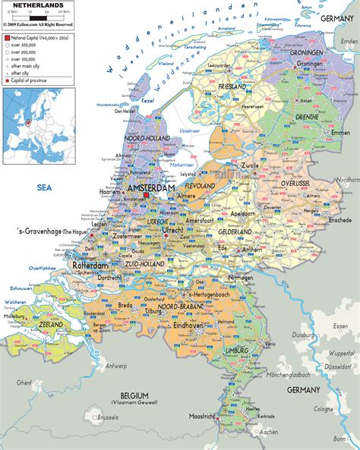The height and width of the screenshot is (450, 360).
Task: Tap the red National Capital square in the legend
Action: (5, 36)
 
